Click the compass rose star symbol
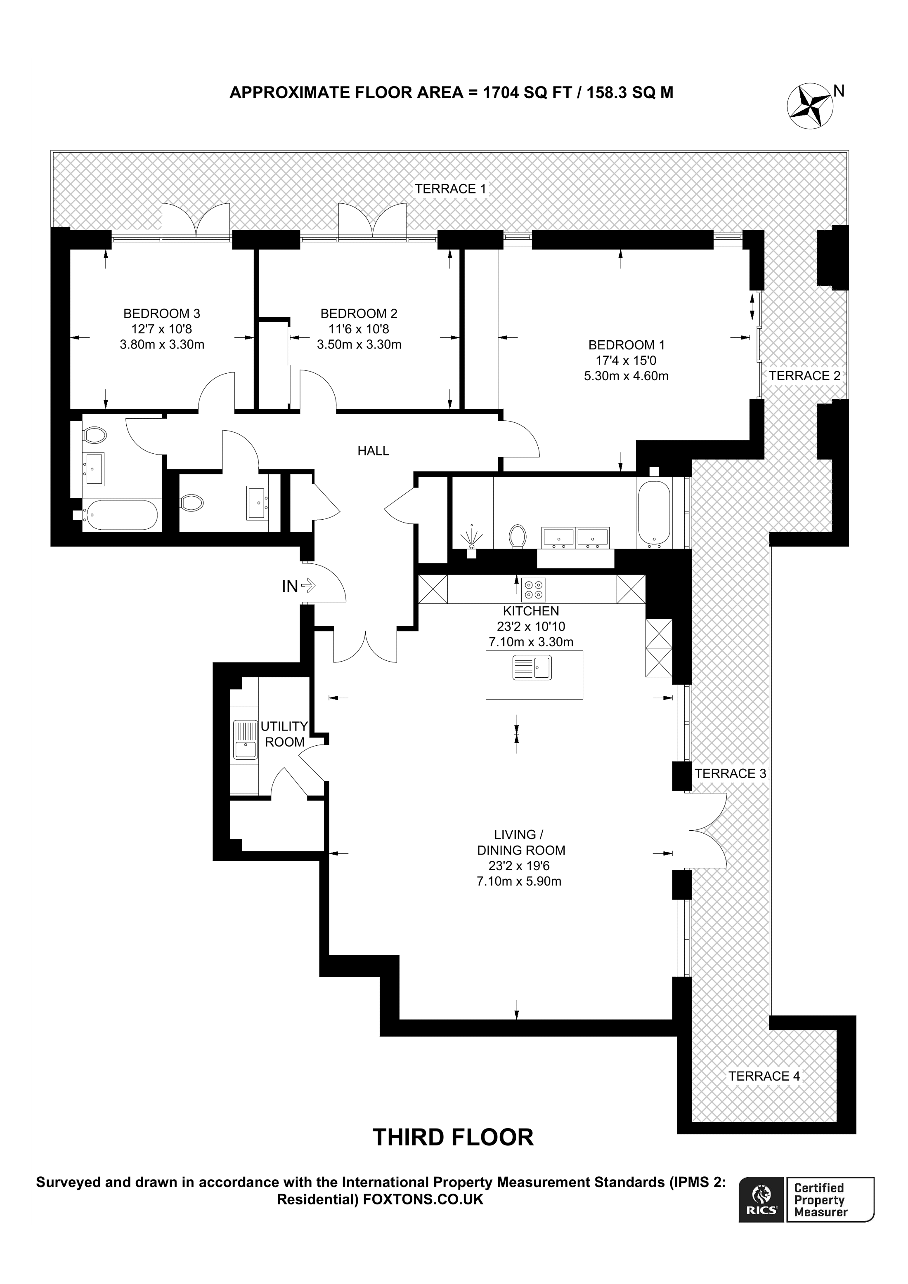point(809,105)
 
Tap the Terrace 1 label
point(450,188)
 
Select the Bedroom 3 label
point(162,314)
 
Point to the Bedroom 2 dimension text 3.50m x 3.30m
point(359,344)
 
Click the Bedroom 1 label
point(627,345)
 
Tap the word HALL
point(373,451)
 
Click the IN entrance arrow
point(308,586)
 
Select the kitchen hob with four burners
point(533,589)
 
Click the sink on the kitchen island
point(532,668)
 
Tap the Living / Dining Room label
point(521,842)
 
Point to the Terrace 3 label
point(730,773)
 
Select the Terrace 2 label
point(804,376)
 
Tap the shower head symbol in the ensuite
point(472,537)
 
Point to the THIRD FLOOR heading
point(453,1137)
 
